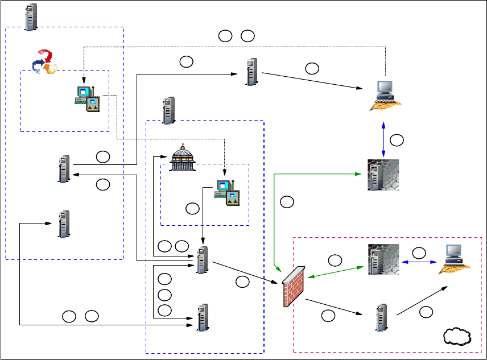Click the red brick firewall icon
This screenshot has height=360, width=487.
point(292,286)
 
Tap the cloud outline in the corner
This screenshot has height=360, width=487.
point(458,337)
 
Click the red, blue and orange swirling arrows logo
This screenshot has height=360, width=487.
point(45,61)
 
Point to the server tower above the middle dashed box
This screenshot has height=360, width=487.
point(168,110)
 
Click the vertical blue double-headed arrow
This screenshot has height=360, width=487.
point(384,138)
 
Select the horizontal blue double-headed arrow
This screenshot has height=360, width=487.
point(422,262)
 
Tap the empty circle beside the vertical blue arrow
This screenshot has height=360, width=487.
point(398,139)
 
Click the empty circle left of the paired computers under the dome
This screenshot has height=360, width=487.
point(193,209)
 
